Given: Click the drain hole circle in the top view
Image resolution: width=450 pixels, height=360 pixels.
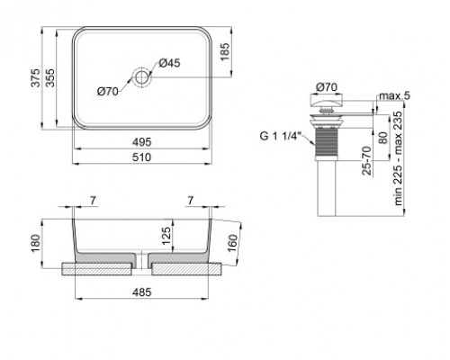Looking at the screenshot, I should (142, 76).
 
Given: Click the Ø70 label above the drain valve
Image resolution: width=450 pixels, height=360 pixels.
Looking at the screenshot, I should (325, 87).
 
